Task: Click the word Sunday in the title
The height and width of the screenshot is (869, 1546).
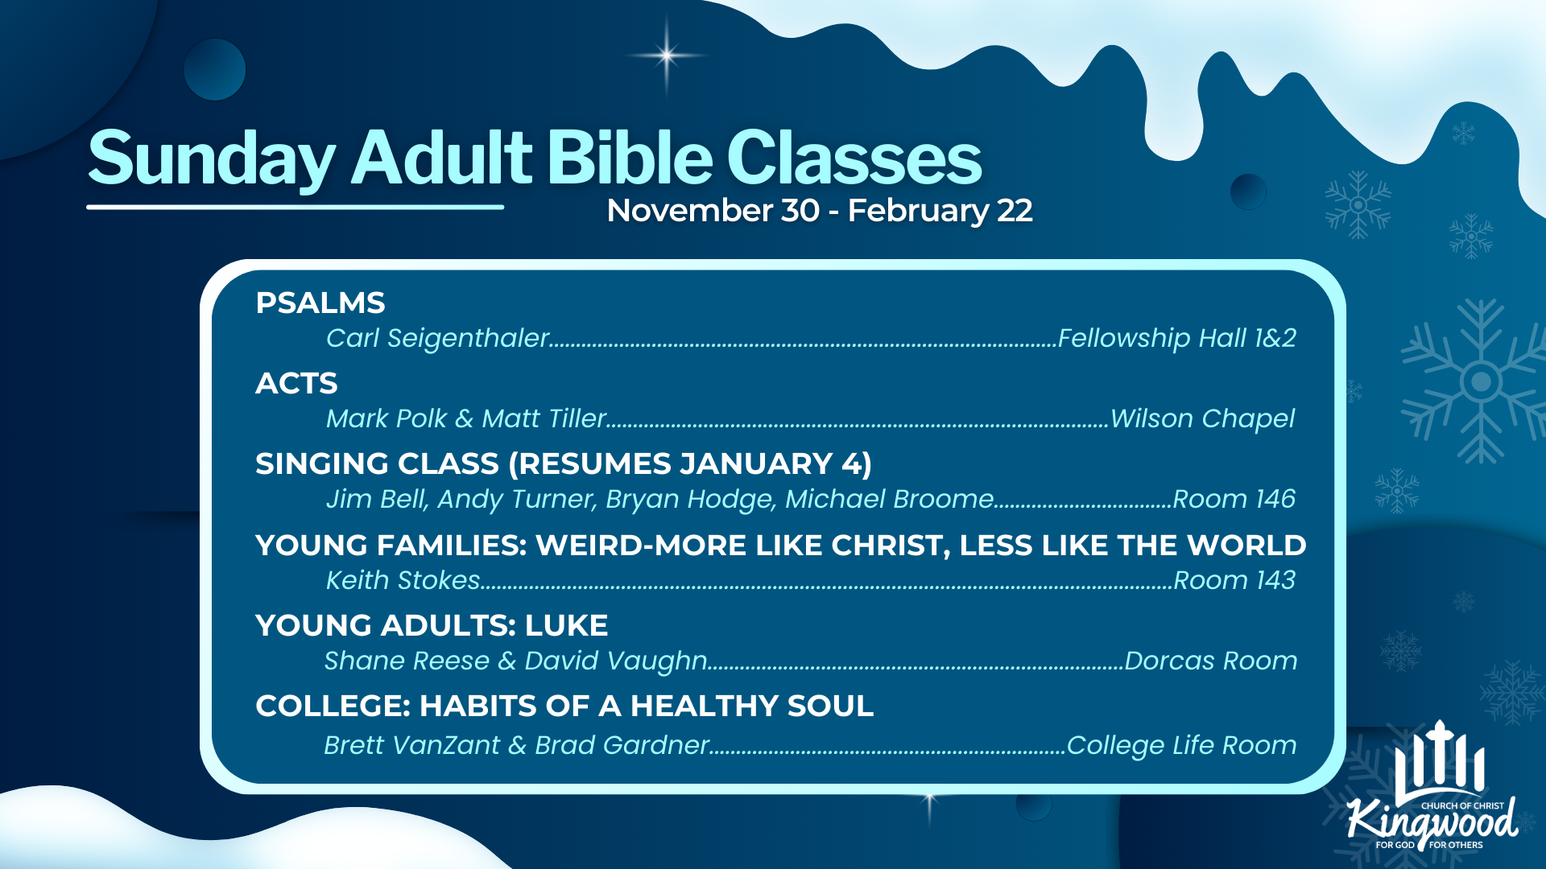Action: click(x=211, y=159)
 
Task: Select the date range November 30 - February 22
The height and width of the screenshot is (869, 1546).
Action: click(x=820, y=211)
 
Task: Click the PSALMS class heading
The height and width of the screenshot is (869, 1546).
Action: click(x=320, y=303)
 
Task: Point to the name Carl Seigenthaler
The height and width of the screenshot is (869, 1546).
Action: click(x=437, y=338)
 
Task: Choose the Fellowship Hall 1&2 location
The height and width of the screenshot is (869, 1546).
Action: click(x=1177, y=338)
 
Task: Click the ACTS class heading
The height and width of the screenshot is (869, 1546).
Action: click(x=296, y=384)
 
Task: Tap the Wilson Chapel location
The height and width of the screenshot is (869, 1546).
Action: click(x=1202, y=418)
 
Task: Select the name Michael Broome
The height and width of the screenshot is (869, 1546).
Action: click(x=890, y=499)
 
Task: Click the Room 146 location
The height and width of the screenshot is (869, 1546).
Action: click(x=1234, y=499)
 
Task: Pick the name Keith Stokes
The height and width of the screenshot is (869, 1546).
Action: click(x=403, y=580)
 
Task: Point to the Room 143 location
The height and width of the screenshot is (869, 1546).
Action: click(x=1234, y=580)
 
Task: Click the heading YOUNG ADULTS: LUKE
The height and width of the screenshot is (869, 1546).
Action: click(x=432, y=626)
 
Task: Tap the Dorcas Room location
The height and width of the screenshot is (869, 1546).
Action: click(x=1211, y=661)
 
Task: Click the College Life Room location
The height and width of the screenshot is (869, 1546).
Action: click(x=1182, y=746)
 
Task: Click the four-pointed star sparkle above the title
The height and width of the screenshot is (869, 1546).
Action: click(x=667, y=56)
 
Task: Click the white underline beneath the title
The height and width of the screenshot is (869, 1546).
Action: click(x=296, y=207)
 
